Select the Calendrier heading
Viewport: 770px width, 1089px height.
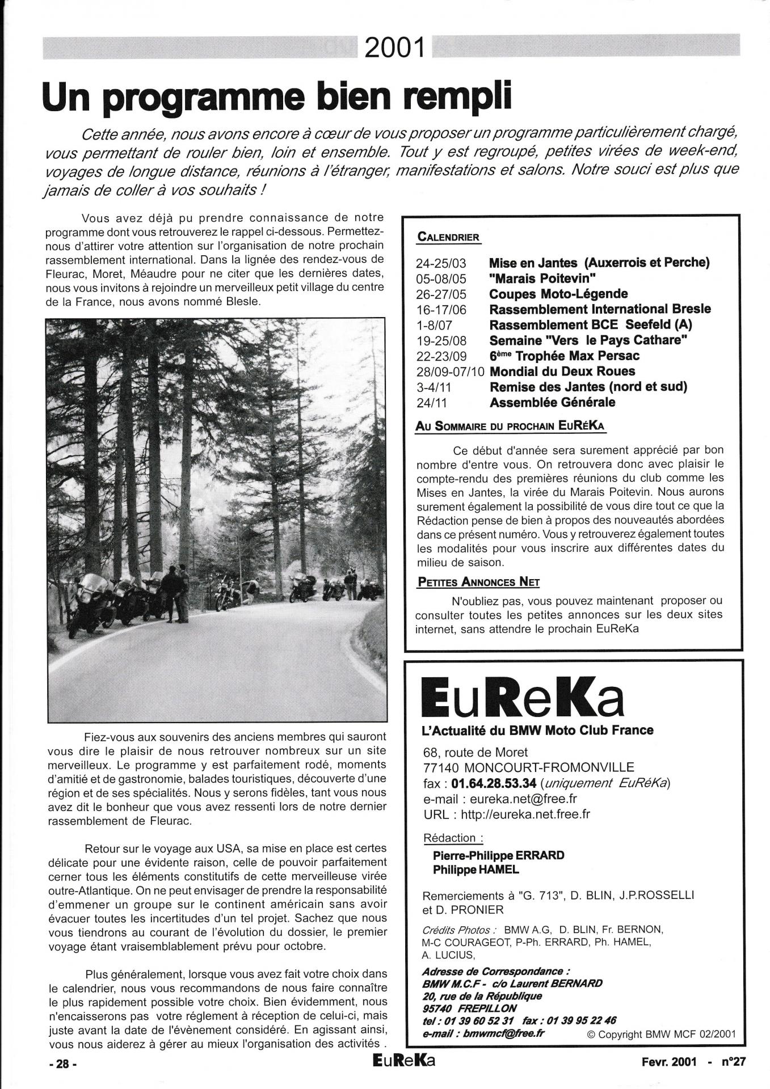(448, 237)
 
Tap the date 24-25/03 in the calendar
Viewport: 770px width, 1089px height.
(440, 263)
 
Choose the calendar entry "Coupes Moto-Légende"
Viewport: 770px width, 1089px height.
(558, 294)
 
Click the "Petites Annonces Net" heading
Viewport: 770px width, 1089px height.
(477, 582)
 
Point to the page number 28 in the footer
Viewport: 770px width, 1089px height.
(62, 1065)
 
